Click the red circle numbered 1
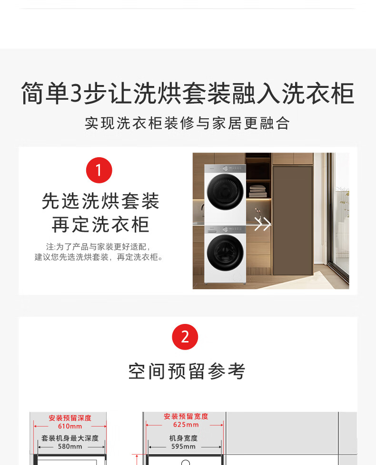99,170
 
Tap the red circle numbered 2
185,337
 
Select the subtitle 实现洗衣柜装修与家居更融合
187,123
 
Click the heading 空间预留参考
187,371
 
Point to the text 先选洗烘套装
100,201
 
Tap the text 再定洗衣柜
100,225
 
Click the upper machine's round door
225,192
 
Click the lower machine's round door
225,252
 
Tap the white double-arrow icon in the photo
262,224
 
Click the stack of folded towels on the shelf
257,191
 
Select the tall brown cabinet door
293,220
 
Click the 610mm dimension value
70,426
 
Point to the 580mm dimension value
70,446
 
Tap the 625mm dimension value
186,425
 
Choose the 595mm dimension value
183,446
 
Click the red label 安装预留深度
70,418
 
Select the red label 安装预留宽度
186,417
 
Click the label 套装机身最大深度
70,438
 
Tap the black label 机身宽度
183,438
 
